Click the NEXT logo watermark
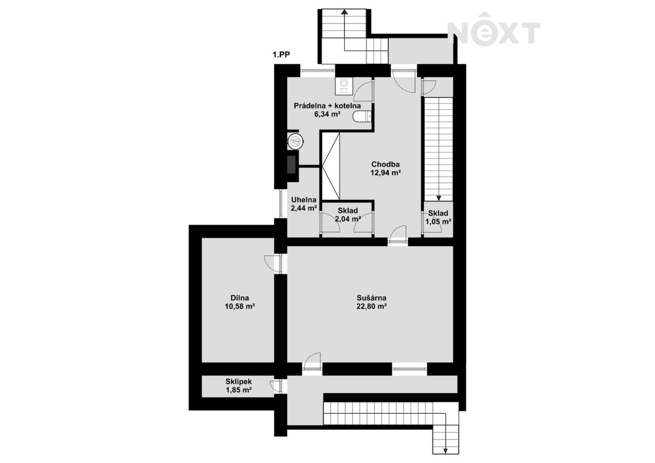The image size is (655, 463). [494, 29]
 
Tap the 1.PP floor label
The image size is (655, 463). [281, 55]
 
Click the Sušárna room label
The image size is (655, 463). [371, 298]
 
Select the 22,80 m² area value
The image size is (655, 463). [371, 306]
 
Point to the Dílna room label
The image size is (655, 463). [240, 298]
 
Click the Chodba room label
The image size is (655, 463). [386, 164]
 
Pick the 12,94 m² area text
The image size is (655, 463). [386, 172]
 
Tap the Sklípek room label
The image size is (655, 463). [238, 381]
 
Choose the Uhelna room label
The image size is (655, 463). [304, 200]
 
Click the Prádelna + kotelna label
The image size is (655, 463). [327, 106]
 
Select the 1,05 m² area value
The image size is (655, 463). [438, 222]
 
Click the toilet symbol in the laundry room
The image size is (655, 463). [362, 117]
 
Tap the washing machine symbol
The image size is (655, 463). [344, 86]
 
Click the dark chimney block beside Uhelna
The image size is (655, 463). [291, 165]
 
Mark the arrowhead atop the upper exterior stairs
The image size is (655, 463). [345, 12]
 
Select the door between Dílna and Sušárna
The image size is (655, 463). [273, 264]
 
